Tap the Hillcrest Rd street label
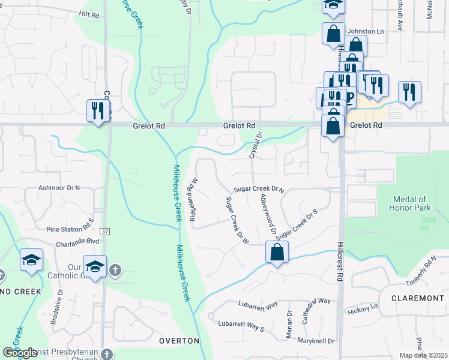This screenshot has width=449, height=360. pyautogui.click(x=339, y=262)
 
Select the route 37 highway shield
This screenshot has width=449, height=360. pyautogui.click(x=105, y=231)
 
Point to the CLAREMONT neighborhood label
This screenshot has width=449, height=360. pyautogui.click(x=417, y=298)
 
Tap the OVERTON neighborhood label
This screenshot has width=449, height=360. pyautogui.click(x=179, y=341)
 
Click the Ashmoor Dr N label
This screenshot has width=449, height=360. pyautogui.click(x=59, y=187)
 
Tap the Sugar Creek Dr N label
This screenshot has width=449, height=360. pyautogui.click(x=258, y=188)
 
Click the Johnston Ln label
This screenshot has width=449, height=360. pyautogui.click(x=366, y=31)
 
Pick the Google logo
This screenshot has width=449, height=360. pyautogui.click(x=20, y=353)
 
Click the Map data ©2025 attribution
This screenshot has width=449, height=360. pyautogui.click(x=423, y=355)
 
